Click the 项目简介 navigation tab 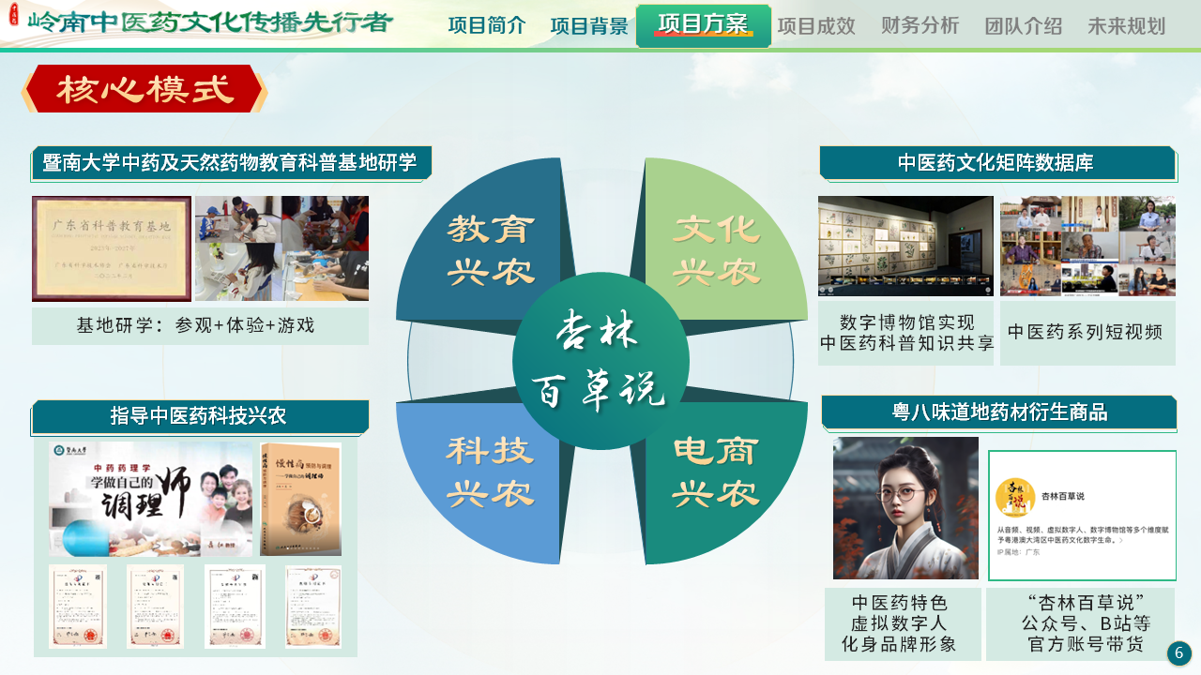[486, 26]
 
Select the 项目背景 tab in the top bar [588, 26]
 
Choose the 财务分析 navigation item [920, 26]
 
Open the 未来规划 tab [1126, 26]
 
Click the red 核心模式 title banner [144, 89]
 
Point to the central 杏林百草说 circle [600, 362]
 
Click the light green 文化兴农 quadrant [717, 248]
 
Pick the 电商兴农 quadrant [717, 473]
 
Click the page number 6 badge [1178, 652]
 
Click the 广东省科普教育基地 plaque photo [112, 248]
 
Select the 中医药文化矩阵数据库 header [997, 163]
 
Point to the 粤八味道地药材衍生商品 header [999, 412]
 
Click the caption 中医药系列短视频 [1087, 332]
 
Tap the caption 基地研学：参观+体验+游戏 [196, 325]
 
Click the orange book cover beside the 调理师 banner [300, 499]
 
